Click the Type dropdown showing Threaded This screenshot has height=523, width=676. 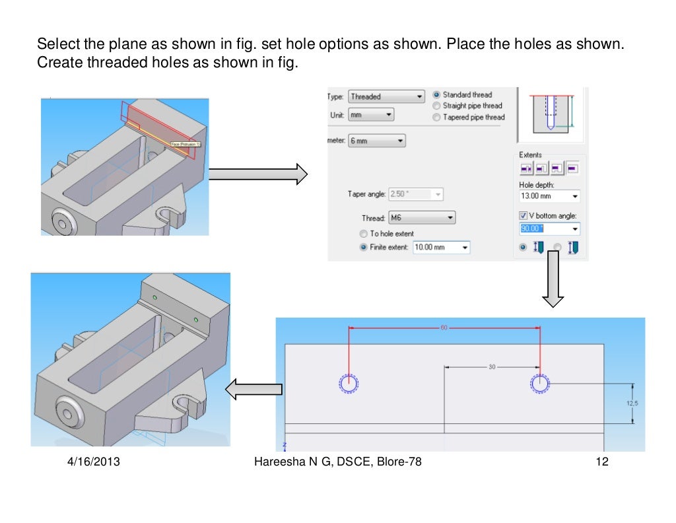click(386, 96)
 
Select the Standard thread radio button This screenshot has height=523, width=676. click(436, 95)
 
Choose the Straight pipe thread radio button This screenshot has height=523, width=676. click(436, 106)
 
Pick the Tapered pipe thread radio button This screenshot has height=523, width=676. click(436, 118)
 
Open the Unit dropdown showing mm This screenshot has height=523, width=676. click(370, 115)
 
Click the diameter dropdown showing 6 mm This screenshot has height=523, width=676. click(376, 141)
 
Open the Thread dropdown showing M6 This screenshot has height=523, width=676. click(421, 217)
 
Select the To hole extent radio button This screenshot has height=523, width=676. click(363, 234)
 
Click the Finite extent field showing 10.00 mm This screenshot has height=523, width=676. click(441, 248)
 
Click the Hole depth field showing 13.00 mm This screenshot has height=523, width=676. click(549, 196)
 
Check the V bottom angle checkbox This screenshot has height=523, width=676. click(524, 215)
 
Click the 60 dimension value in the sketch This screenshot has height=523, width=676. click(444, 327)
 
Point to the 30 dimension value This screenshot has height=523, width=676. click(492, 367)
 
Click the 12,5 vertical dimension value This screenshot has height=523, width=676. click(632, 403)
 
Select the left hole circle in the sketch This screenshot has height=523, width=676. click(348, 383)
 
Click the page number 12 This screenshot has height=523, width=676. click(601, 462)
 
